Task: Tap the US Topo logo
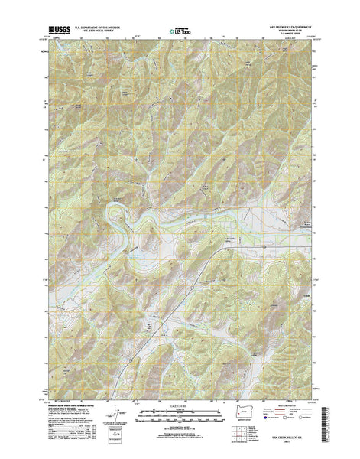tap(181, 32)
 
